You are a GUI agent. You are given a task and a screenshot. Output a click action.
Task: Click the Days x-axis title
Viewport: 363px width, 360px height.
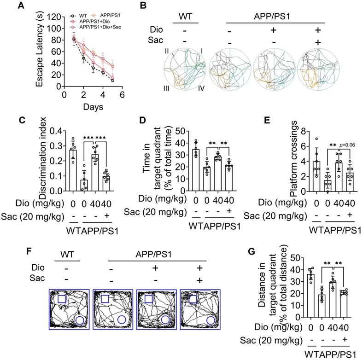[93, 107]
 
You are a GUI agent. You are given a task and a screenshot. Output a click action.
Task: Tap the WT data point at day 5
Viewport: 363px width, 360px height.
[112, 81]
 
